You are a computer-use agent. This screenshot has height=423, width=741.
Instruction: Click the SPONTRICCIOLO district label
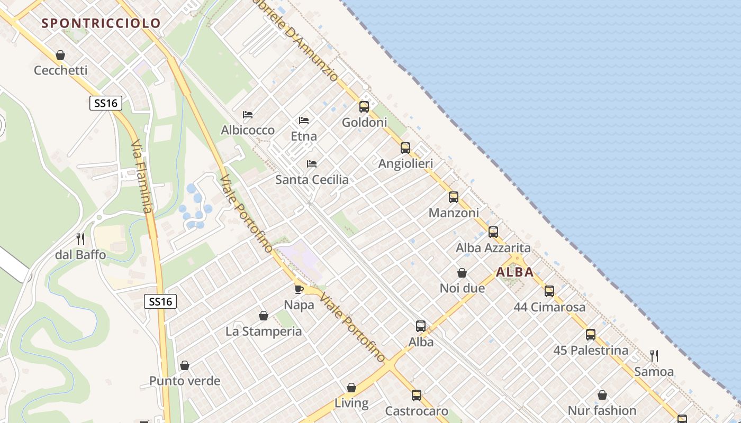[101, 23]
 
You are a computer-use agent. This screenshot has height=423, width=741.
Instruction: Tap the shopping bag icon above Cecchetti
[60, 55]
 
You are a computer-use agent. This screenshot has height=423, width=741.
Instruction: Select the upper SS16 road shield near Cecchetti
[106, 103]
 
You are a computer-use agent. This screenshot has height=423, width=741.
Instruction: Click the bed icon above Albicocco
[247, 115]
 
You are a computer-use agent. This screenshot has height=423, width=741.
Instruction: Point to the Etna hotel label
[304, 136]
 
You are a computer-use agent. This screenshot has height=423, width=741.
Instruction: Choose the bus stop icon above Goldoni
[364, 107]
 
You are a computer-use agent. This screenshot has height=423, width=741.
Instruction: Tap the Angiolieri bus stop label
[405, 164]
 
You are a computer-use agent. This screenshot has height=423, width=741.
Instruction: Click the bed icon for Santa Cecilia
[312, 164]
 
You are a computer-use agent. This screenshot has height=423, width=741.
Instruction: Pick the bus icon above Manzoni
[454, 197]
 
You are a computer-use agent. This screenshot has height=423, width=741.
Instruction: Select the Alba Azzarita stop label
[493, 247]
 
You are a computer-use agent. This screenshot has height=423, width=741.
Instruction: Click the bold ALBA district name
[515, 272]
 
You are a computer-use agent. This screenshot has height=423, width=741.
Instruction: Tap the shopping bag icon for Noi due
[462, 273]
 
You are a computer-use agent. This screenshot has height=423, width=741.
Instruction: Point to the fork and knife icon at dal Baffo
[80, 239]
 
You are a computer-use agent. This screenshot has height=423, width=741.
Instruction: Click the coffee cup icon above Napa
[299, 289]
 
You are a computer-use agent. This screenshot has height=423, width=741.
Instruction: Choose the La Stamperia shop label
[264, 332]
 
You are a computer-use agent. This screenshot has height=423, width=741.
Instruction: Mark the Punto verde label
[185, 381]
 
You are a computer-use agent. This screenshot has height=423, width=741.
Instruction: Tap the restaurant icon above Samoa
[654, 356]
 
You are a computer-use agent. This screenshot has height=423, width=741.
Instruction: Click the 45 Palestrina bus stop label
[591, 350]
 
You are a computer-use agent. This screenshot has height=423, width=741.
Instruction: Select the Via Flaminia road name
[142, 177]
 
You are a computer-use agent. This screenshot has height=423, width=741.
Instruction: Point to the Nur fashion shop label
[602, 410]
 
